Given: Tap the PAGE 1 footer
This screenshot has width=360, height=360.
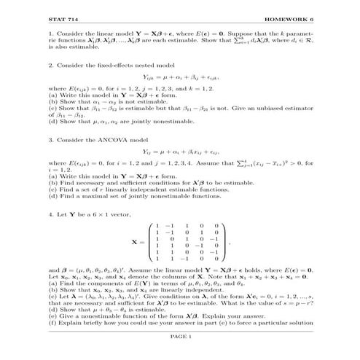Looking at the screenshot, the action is click(x=180, y=337).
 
